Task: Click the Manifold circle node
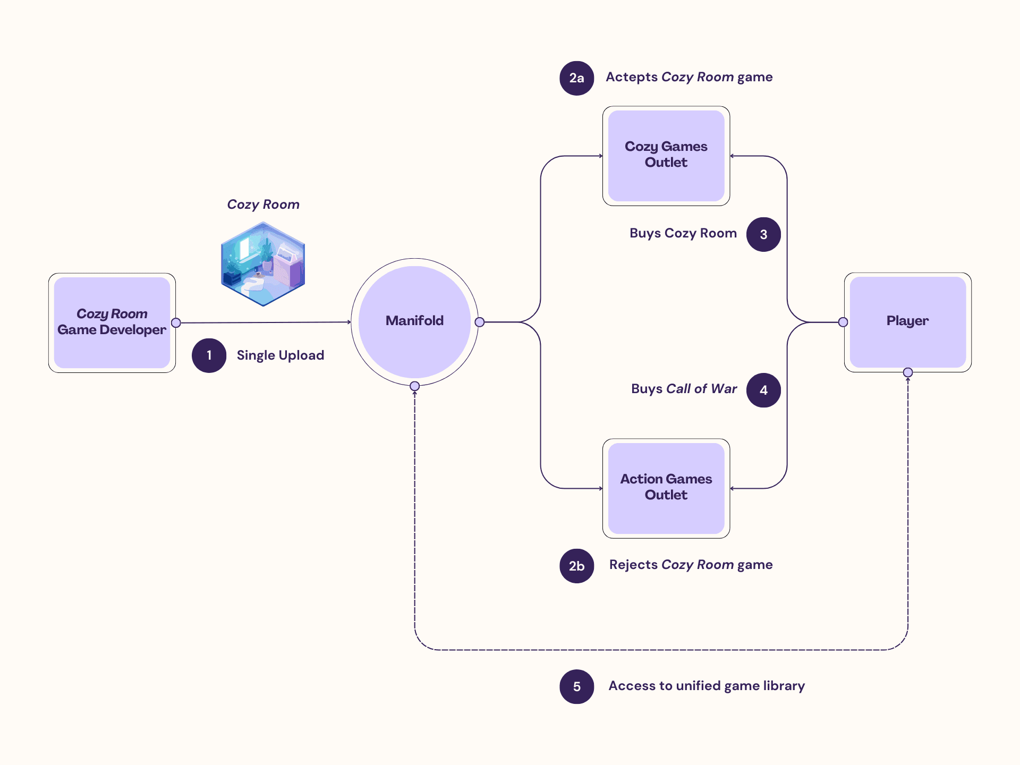click(414, 321)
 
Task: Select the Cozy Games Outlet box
click(666, 156)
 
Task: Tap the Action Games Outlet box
click(666, 488)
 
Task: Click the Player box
click(907, 322)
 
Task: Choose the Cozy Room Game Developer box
click(112, 322)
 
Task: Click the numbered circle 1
click(209, 355)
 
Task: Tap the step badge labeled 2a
click(576, 78)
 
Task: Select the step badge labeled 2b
click(576, 566)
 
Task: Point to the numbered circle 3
click(763, 234)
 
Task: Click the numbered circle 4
click(763, 390)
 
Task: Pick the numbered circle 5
click(576, 686)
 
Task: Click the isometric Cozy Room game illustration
click(263, 264)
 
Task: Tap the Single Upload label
click(280, 355)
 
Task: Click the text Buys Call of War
click(684, 389)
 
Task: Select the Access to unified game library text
click(706, 686)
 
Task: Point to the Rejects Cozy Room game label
click(690, 565)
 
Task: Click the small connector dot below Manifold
click(415, 386)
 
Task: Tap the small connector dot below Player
click(908, 372)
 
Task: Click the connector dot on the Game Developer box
click(176, 323)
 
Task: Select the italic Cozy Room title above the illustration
click(263, 205)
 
